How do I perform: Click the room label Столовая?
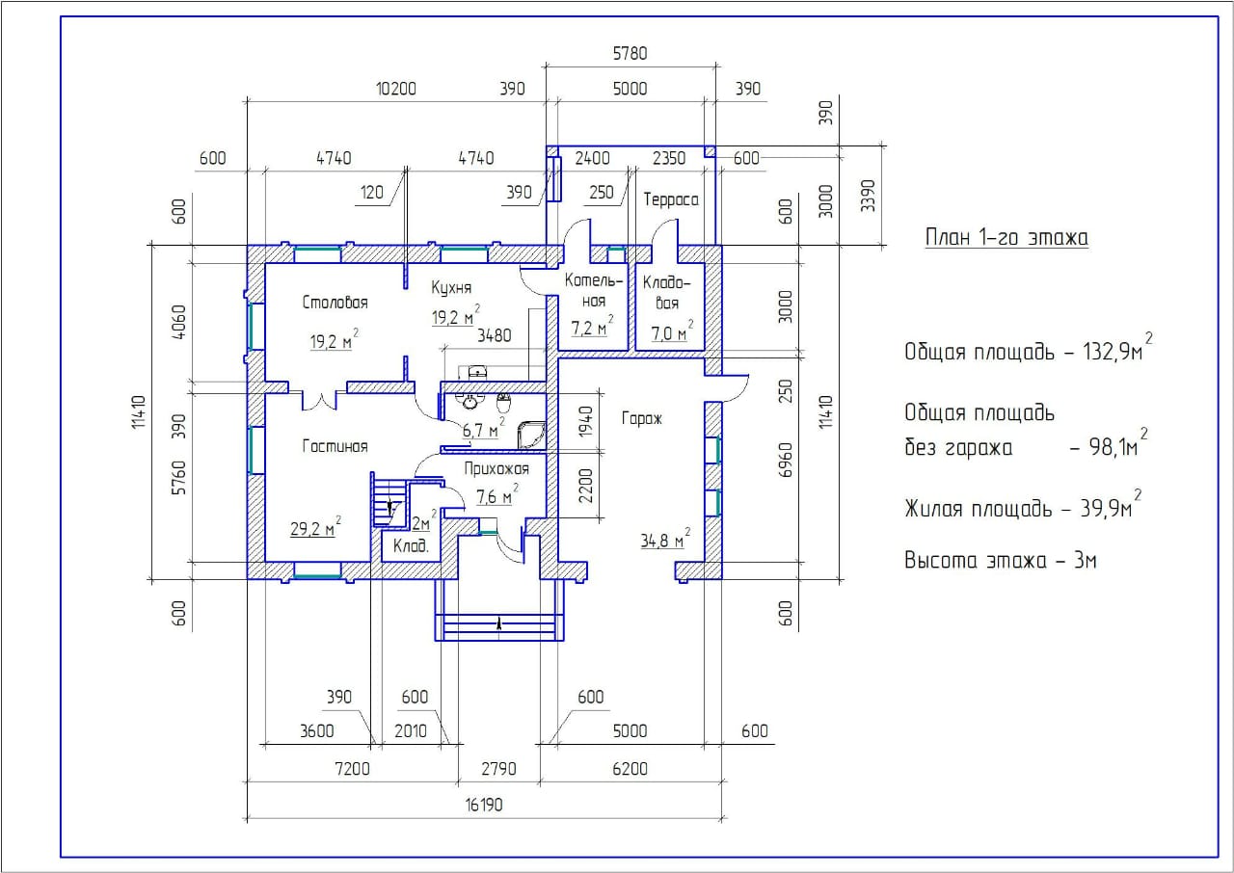(x=335, y=303)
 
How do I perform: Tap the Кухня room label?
(x=451, y=288)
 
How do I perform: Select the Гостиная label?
(x=335, y=446)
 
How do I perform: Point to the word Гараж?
(x=642, y=418)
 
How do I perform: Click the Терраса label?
(x=671, y=199)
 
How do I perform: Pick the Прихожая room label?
(x=496, y=468)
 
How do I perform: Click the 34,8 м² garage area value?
(x=665, y=539)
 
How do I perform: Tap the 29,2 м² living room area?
(x=315, y=527)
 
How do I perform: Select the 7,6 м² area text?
(x=496, y=495)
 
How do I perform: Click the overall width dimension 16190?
(x=484, y=805)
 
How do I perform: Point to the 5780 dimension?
(x=630, y=53)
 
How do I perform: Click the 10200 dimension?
(x=396, y=89)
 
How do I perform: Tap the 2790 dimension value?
(x=499, y=768)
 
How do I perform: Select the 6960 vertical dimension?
(x=786, y=461)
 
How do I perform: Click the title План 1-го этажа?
(x=1006, y=238)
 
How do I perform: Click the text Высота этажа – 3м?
(x=1001, y=561)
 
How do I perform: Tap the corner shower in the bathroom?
(x=531, y=436)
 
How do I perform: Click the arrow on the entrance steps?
(x=499, y=623)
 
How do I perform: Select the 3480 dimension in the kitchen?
(x=495, y=335)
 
